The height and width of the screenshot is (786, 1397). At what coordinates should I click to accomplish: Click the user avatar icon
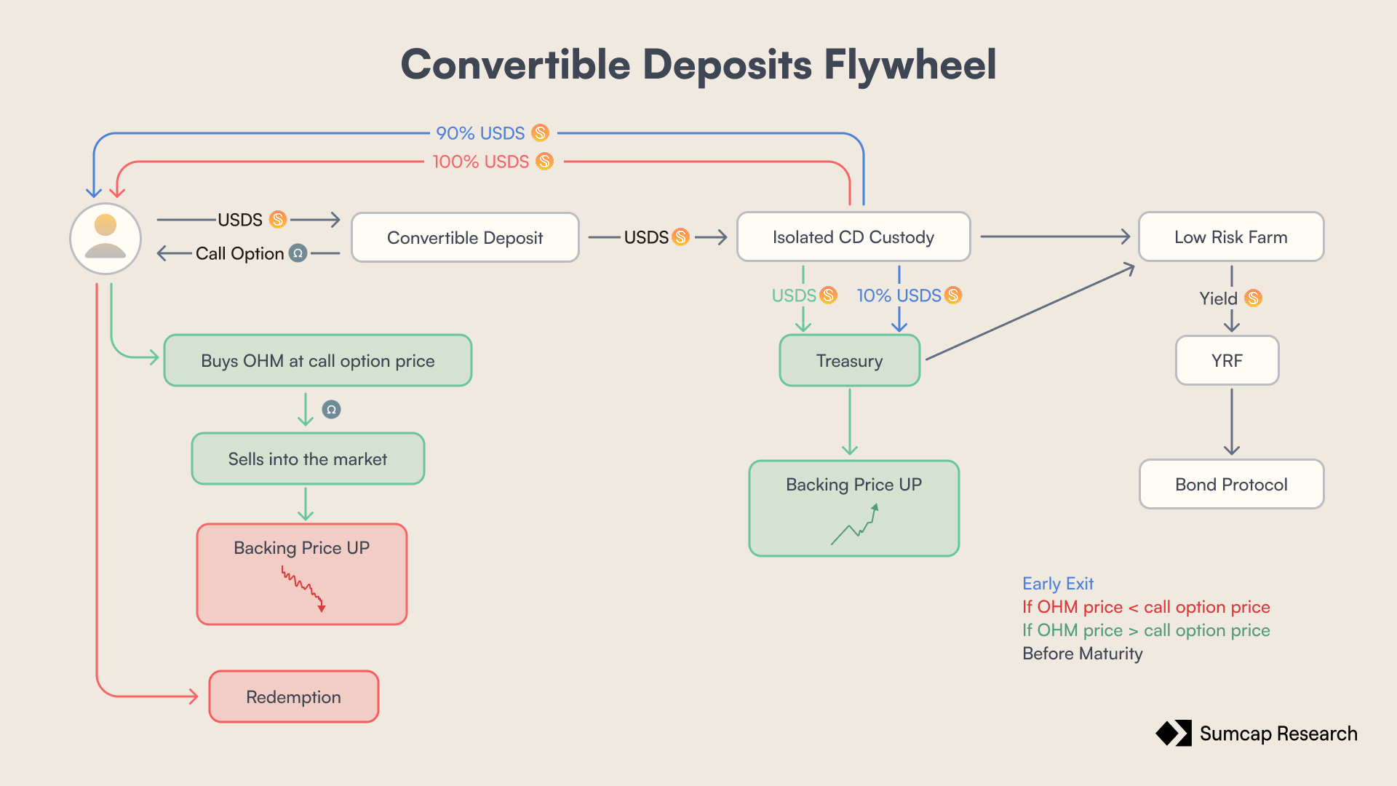pos(106,238)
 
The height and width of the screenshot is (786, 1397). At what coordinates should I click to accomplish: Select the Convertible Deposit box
pos(465,237)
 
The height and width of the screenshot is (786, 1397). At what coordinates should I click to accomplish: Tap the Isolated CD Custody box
pos(853,237)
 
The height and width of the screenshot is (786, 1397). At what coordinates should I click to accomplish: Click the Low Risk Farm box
pos(1230,237)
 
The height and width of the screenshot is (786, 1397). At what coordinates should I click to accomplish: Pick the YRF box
pos(1227,360)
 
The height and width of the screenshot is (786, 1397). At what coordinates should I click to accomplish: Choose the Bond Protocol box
pos(1231,484)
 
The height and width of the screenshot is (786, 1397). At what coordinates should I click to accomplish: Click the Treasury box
pos(849,360)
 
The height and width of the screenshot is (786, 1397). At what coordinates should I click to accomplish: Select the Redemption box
pos(293,696)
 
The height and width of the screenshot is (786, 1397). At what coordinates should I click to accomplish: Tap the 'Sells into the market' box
pos(307,458)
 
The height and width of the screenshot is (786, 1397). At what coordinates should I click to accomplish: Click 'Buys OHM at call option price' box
pos(317,360)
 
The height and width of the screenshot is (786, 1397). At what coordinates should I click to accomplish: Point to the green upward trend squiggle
pos(856,525)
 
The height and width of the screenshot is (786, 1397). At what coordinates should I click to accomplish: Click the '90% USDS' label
pos(480,133)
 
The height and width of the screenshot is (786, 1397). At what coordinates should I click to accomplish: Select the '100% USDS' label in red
pos(481,162)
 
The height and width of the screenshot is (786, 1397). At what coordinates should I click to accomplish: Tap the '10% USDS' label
pos(899,295)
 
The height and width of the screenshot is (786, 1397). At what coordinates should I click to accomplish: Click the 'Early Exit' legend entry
pos(1057,584)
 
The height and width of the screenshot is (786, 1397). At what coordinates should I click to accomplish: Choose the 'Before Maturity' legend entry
pos(1082,654)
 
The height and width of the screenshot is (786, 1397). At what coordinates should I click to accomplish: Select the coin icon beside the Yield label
pos(1253,298)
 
